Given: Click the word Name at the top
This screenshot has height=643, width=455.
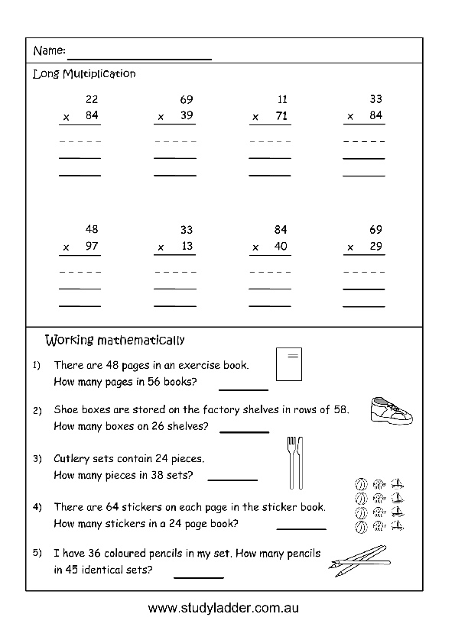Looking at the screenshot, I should click(48, 51).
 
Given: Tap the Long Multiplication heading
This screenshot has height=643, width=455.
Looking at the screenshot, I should click(84, 74).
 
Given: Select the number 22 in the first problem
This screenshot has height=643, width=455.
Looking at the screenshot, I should click(92, 99).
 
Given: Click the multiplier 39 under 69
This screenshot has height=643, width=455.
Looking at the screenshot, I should click(187, 116).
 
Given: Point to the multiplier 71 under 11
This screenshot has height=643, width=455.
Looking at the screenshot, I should click(281, 116).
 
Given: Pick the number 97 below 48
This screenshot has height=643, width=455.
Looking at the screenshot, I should click(92, 247).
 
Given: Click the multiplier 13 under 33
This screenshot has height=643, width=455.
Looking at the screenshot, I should click(187, 247).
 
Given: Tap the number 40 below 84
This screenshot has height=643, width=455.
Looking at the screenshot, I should click(281, 247).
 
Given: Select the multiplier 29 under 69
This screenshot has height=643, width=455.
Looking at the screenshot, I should click(375, 247).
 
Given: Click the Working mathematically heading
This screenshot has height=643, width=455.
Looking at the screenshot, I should click(115, 340).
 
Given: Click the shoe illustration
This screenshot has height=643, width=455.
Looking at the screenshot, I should click(392, 410).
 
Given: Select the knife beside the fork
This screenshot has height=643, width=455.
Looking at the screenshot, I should click(301, 462).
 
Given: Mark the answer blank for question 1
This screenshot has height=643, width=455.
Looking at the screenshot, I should click(244, 388).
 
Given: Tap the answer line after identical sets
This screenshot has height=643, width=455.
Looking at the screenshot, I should click(199, 577).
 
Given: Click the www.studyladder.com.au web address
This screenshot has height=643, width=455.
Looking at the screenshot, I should click(223, 609).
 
